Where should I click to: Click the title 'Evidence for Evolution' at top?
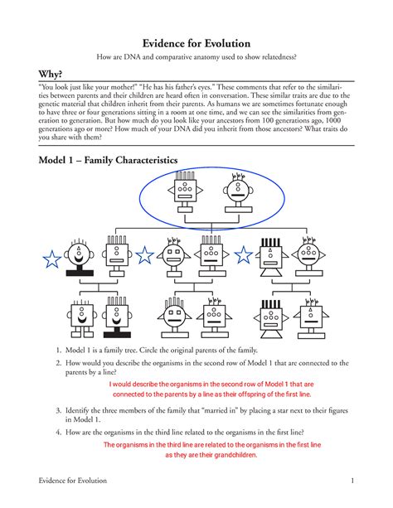(x=196, y=43)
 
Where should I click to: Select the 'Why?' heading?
(x=43, y=74)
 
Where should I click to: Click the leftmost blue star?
(x=51, y=259)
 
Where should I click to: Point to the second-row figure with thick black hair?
(x=271, y=258)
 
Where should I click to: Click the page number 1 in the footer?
(x=352, y=483)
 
